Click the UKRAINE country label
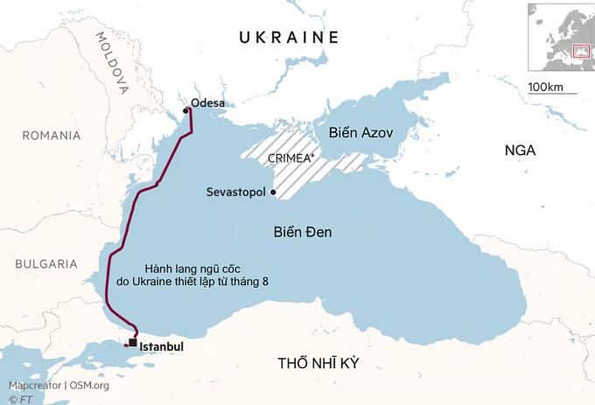[x=289, y=37]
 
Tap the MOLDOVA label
[x=112, y=63]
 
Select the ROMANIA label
[x=52, y=136]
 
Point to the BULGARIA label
[x=45, y=263]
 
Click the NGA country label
[x=520, y=150]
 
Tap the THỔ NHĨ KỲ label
[x=318, y=363]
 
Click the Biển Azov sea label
[x=361, y=132]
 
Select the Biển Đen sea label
[x=302, y=232]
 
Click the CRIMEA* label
[x=291, y=158]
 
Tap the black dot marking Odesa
[x=185, y=111]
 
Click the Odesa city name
[x=208, y=103]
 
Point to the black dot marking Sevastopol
[x=274, y=192]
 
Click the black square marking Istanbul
[x=132, y=342]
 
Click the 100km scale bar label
[x=546, y=87]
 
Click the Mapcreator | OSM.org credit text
[x=59, y=386]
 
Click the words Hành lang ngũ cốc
[x=192, y=269]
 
